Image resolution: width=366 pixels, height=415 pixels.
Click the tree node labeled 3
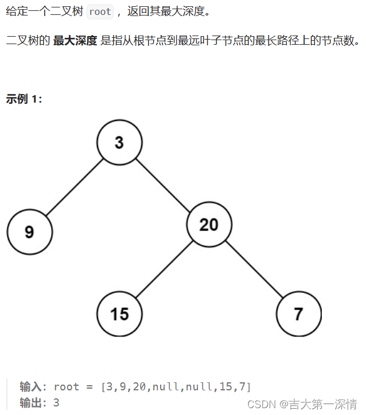[119, 142]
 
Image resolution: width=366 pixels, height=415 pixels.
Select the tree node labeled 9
[29, 232]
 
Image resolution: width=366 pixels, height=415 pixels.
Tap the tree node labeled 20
[209, 225]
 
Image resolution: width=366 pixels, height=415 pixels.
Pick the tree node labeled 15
[119, 314]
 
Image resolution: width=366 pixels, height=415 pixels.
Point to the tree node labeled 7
[298, 314]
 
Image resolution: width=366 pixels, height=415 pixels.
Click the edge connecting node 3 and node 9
[75, 186]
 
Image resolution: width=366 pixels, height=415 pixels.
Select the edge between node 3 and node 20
[164, 183]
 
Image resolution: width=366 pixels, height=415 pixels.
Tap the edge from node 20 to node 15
[164, 269]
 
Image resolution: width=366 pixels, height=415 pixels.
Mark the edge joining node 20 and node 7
[254, 269]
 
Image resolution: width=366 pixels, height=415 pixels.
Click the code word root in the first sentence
[100, 11]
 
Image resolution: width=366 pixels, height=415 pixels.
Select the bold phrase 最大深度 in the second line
[75, 42]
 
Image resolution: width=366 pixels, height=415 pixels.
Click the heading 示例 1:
[24, 99]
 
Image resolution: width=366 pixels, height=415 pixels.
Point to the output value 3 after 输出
[56, 402]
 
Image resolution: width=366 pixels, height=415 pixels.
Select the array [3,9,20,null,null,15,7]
[176, 386]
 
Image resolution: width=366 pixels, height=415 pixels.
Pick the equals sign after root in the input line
[89, 386]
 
